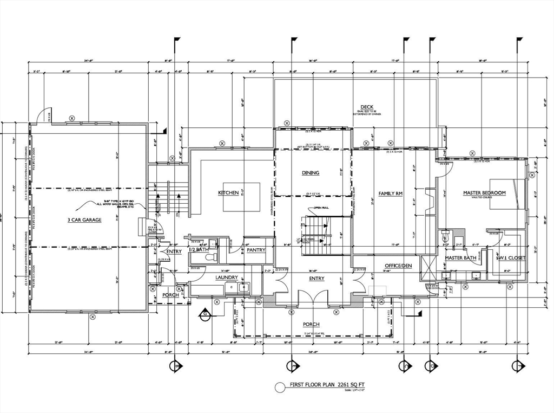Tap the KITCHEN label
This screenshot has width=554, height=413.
(x=228, y=192)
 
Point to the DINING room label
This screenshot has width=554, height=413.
(x=311, y=173)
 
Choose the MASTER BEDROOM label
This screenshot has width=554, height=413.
(x=484, y=192)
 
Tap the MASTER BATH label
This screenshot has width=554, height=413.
(x=460, y=258)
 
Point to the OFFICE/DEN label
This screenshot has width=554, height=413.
(x=398, y=266)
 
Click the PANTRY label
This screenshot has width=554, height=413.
(x=255, y=250)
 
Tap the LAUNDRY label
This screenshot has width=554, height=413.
(x=227, y=278)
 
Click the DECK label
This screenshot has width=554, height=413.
(x=367, y=107)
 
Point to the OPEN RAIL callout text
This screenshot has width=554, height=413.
(x=321, y=209)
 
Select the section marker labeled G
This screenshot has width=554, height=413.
(x=205, y=313)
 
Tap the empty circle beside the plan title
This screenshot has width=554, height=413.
(x=280, y=387)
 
